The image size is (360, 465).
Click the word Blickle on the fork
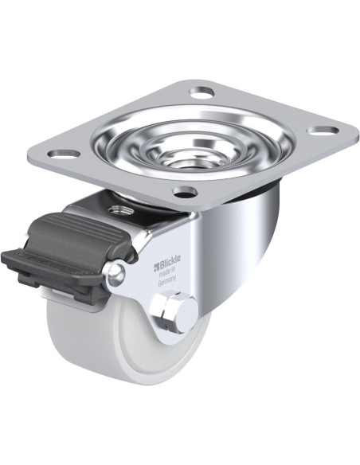tap(170, 261)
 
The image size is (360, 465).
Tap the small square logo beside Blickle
tap(157, 268)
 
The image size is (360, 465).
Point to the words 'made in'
tap(168, 271)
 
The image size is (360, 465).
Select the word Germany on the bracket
tap(167, 280)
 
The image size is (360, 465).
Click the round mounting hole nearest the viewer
tap(186, 192)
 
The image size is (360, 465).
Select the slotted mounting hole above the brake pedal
tap(64, 154)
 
